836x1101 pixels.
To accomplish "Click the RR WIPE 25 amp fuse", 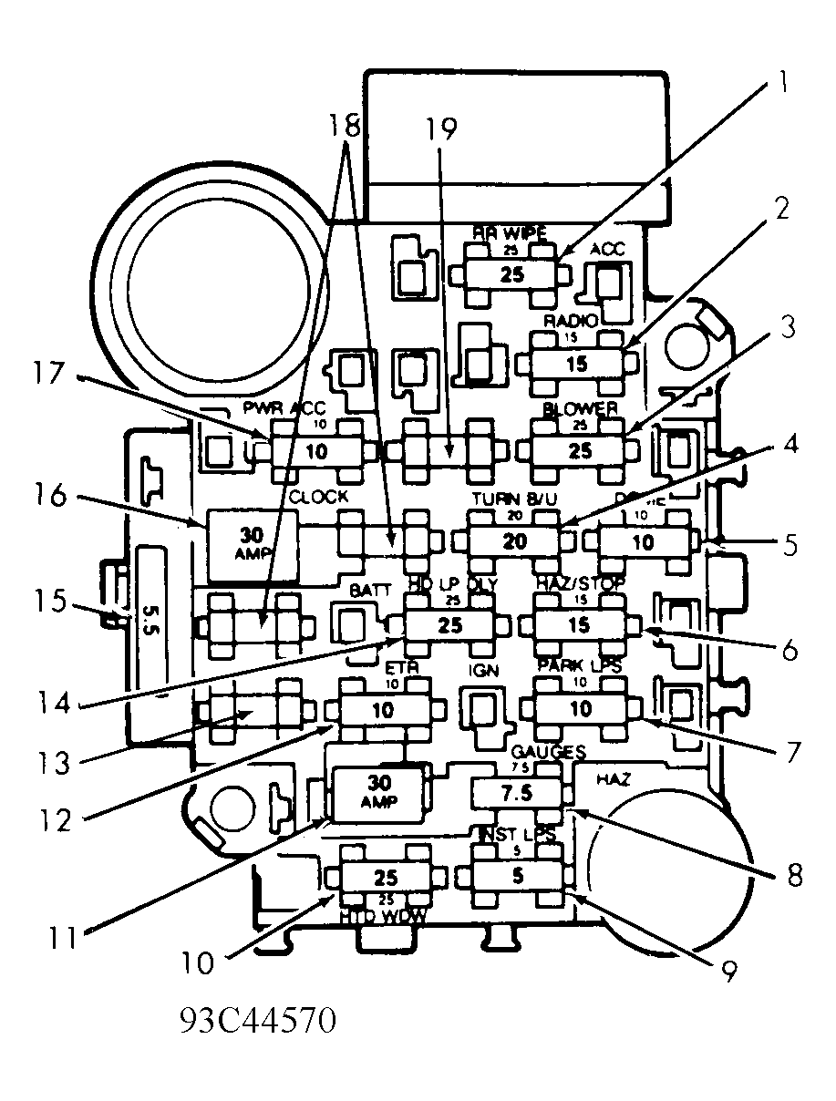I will [513, 274].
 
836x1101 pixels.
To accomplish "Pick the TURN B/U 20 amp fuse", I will [515, 541].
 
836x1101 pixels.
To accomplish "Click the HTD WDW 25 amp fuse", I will [386, 877].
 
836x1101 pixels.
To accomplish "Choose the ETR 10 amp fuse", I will [385, 710].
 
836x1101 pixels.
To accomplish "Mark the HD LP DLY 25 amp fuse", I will [449, 626].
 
